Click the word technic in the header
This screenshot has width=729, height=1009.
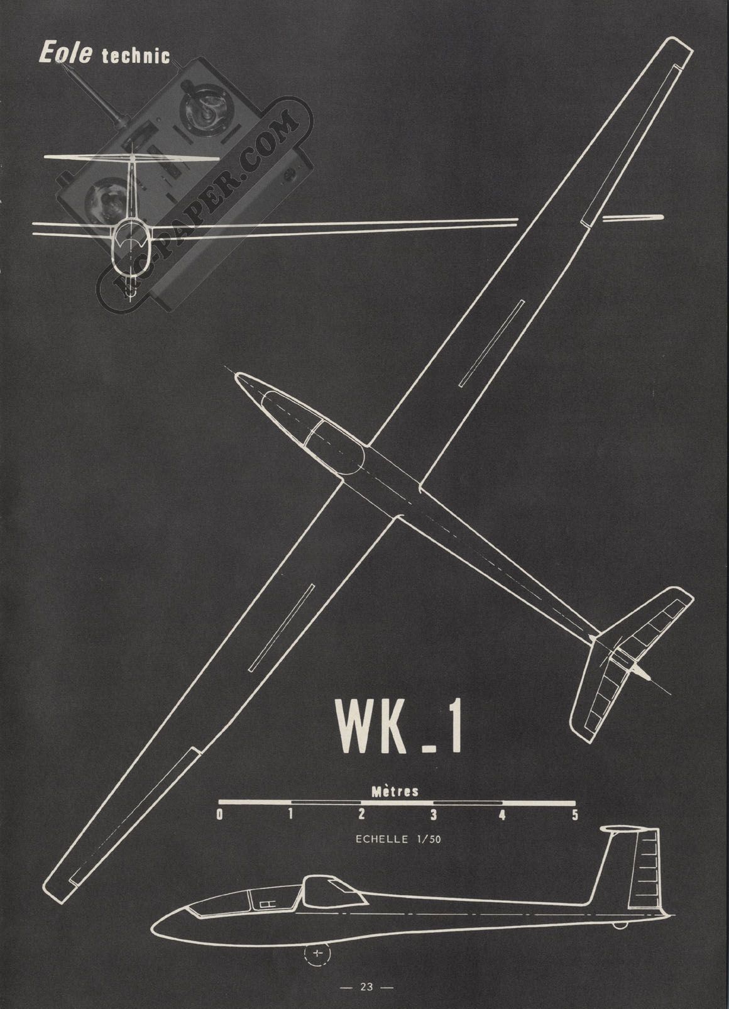click(x=136, y=56)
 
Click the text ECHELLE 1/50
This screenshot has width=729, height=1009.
click(x=398, y=839)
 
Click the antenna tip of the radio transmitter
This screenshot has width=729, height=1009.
click(x=59, y=64)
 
